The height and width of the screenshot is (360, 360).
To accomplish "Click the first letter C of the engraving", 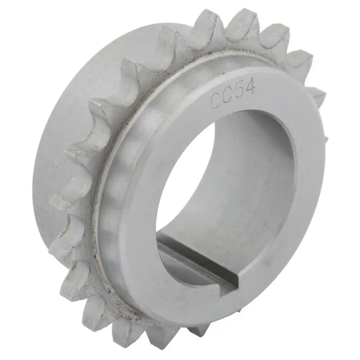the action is (x=216, y=100).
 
